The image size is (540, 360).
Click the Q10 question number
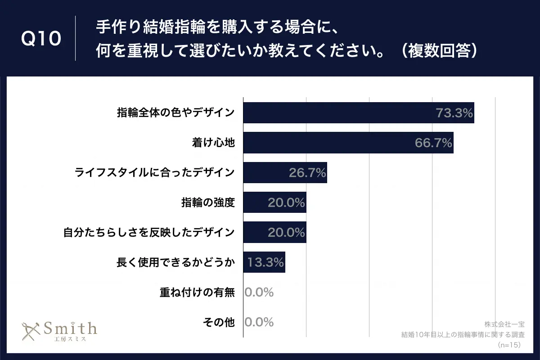point(41,39)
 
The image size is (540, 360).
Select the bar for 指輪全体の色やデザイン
point(342,113)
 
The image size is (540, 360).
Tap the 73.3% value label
point(454,113)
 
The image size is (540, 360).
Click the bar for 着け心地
point(333,143)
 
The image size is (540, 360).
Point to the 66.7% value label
point(433,143)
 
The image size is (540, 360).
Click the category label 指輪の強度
point(207,202)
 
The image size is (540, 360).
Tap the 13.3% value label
point(265,262)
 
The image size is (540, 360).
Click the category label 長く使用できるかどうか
point(175,262)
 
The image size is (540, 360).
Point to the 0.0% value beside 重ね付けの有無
point(259,292)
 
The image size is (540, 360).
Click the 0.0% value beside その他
point(259,322)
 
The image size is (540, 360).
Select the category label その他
point(219,322)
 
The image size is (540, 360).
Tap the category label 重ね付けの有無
point(197,292)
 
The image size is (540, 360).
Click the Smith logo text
point(70,327)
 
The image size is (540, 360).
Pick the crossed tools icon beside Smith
point(31,331)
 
